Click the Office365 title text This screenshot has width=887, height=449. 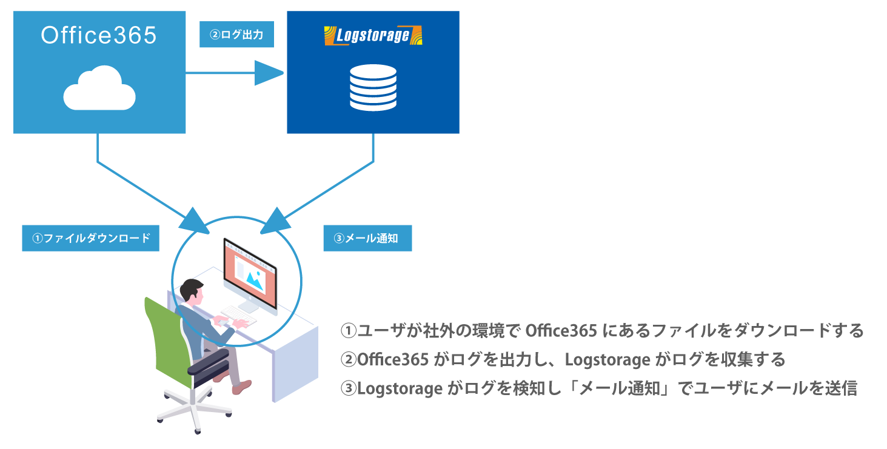99,35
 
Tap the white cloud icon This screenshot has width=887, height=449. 99,88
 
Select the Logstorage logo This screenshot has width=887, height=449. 373,36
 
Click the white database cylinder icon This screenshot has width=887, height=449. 373,87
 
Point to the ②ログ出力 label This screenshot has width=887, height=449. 237,35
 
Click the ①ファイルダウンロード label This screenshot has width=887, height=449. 91,238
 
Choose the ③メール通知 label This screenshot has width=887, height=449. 367,238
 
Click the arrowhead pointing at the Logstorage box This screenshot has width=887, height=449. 269,73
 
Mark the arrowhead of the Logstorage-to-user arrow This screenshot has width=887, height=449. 276,221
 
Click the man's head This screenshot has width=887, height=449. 192,291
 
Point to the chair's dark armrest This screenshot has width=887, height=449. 209,361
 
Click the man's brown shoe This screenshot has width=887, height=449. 241,387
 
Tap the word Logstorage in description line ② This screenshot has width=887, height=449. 608,360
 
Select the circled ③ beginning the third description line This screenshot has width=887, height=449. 349,388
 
